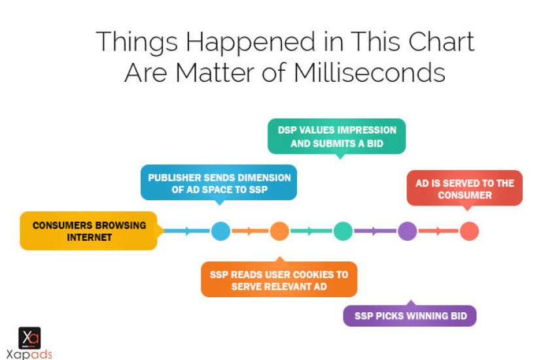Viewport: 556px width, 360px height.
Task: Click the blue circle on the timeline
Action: click(x=220, y=231)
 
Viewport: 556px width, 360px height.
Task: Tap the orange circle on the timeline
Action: click(x=279, y=231)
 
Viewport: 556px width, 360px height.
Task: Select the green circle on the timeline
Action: click(x=343, y=231)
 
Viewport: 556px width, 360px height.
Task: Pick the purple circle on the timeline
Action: click(x=408, y=231)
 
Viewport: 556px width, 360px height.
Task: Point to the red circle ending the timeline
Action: click(x=469, y=231)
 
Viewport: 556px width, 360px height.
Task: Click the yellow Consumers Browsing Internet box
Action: click(x=90, y=231)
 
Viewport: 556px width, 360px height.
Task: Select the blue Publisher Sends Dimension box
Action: click(x=218, y=183)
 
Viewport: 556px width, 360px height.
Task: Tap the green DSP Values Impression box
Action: click(x=336, y=137)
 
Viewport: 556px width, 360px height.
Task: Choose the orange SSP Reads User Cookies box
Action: click(x=279, y=279)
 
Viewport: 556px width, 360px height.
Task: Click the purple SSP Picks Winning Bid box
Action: click(x=410, y=315)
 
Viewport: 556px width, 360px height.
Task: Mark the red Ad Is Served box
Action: click(x=464, y=189)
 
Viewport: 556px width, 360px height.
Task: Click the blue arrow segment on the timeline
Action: click(x=187, y=231)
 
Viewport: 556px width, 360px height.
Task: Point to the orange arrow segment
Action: click(x=250, y=231)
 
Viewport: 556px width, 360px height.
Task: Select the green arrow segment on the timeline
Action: click(x=311, y=231)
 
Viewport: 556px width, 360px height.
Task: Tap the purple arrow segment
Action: click(x=375, y=231)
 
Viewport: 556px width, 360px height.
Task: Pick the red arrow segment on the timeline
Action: click(x=439, y=231)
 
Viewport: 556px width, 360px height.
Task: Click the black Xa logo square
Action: click(x=29, y=338)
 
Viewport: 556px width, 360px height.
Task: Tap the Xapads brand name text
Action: click(x=29, y=354)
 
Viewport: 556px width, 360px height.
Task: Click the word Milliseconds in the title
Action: click(x=369, y=73)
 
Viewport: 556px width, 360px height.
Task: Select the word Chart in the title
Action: click(x=441, y=41)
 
